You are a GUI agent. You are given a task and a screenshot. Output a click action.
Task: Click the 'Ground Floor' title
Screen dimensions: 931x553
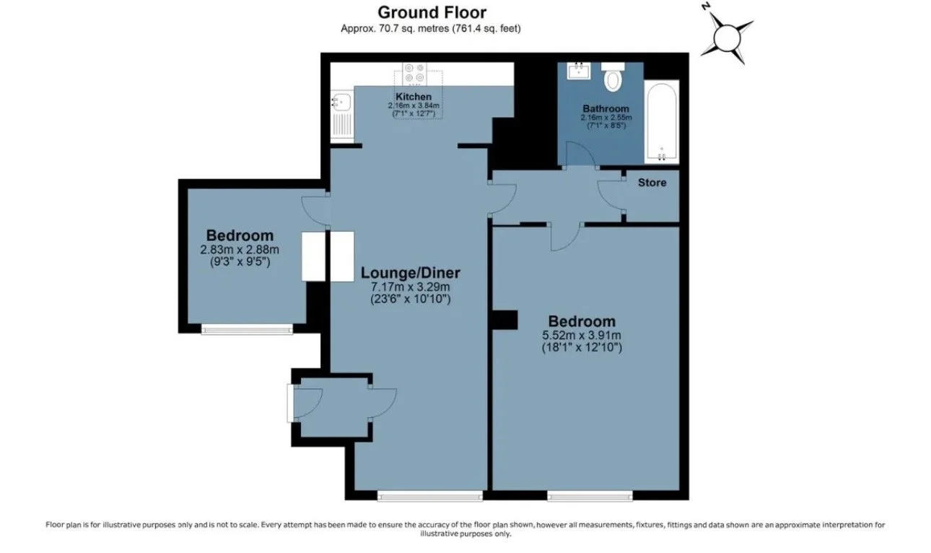point(432,12)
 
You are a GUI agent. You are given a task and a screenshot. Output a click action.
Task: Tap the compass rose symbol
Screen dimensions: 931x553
point(727,38)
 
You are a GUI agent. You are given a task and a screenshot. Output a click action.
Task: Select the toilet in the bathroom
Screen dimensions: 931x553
point(613,77)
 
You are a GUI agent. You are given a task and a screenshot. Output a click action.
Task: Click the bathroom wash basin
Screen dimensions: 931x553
point(578,71)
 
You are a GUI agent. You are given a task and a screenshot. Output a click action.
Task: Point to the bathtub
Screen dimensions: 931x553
point(662,122)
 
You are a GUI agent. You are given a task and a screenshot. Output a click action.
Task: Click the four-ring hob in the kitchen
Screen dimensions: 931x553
point(415,73)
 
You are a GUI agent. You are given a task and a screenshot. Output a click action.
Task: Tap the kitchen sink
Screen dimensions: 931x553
point(341,102)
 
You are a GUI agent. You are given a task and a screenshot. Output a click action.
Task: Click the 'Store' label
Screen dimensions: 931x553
point(652,183)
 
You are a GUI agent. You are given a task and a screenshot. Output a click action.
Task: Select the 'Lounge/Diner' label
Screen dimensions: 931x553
point(410,273)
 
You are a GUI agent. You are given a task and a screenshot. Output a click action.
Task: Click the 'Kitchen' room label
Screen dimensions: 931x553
point(414,97)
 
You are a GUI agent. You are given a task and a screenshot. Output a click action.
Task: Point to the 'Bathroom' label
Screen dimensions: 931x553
point(606,108)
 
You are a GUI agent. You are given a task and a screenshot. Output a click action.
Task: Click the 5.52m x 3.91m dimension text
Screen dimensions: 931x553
point(582,335)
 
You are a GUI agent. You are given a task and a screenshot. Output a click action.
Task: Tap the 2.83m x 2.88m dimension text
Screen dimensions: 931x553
point(240,250)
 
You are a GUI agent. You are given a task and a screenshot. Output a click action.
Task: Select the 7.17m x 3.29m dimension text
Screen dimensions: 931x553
point(410,287)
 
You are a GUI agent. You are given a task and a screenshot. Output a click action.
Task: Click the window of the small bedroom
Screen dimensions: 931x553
point(247,330)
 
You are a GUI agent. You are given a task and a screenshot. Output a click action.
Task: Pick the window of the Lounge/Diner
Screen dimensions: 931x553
point(430,496)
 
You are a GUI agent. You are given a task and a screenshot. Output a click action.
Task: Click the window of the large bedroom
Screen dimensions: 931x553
point(590,496)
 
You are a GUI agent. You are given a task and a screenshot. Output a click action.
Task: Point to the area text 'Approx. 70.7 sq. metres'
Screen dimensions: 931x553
point(395,28)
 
